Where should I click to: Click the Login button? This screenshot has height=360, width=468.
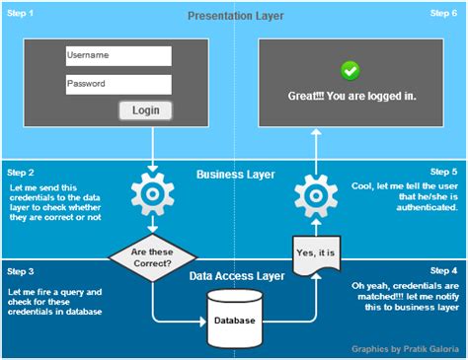tap(145, 110)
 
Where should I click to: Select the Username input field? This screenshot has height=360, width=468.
tap(117, 56)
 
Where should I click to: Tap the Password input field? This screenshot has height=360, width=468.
tap(117, 85)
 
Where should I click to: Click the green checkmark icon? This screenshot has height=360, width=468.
tap(350, 70)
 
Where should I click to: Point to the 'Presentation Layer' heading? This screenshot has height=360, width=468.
tap(234, 16)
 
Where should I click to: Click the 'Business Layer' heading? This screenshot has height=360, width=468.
tap(234, 176)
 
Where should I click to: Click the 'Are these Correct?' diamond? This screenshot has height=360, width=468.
tap(153, 258)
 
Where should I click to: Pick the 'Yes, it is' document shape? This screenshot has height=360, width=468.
tap(315, 253)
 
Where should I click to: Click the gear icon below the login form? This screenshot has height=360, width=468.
tap(153, 194)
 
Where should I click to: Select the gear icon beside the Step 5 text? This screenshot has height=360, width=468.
tap(315, 194)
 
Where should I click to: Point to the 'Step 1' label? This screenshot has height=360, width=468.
tap(20, 13)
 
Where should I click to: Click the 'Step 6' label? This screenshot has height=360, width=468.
tap(443, 13)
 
